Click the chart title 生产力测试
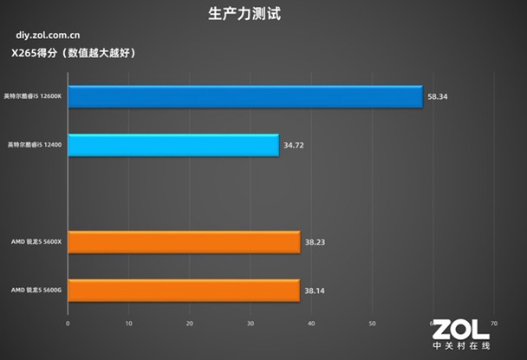click(x=245, y=14)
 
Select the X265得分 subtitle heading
click(x=73, y=54)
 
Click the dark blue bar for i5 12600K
click(x=244, y=96)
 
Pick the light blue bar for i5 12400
click(x=173, y=145)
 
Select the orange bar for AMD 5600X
click(x=184, y=242)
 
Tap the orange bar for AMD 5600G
click(x=184, y=291)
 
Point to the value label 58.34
click(x=437, y=97)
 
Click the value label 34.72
click(x=294, y=145)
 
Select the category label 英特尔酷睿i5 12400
click(x=35, y=144)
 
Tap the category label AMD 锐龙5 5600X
click(x=36, y=242)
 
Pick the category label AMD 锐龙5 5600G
click(x=36, y=291)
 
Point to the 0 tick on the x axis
click(x=68, y=323)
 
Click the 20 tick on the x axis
click(x=189, y=323)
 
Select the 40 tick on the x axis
click(x=311, y=323)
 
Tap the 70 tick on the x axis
click(x=493, y=323)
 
